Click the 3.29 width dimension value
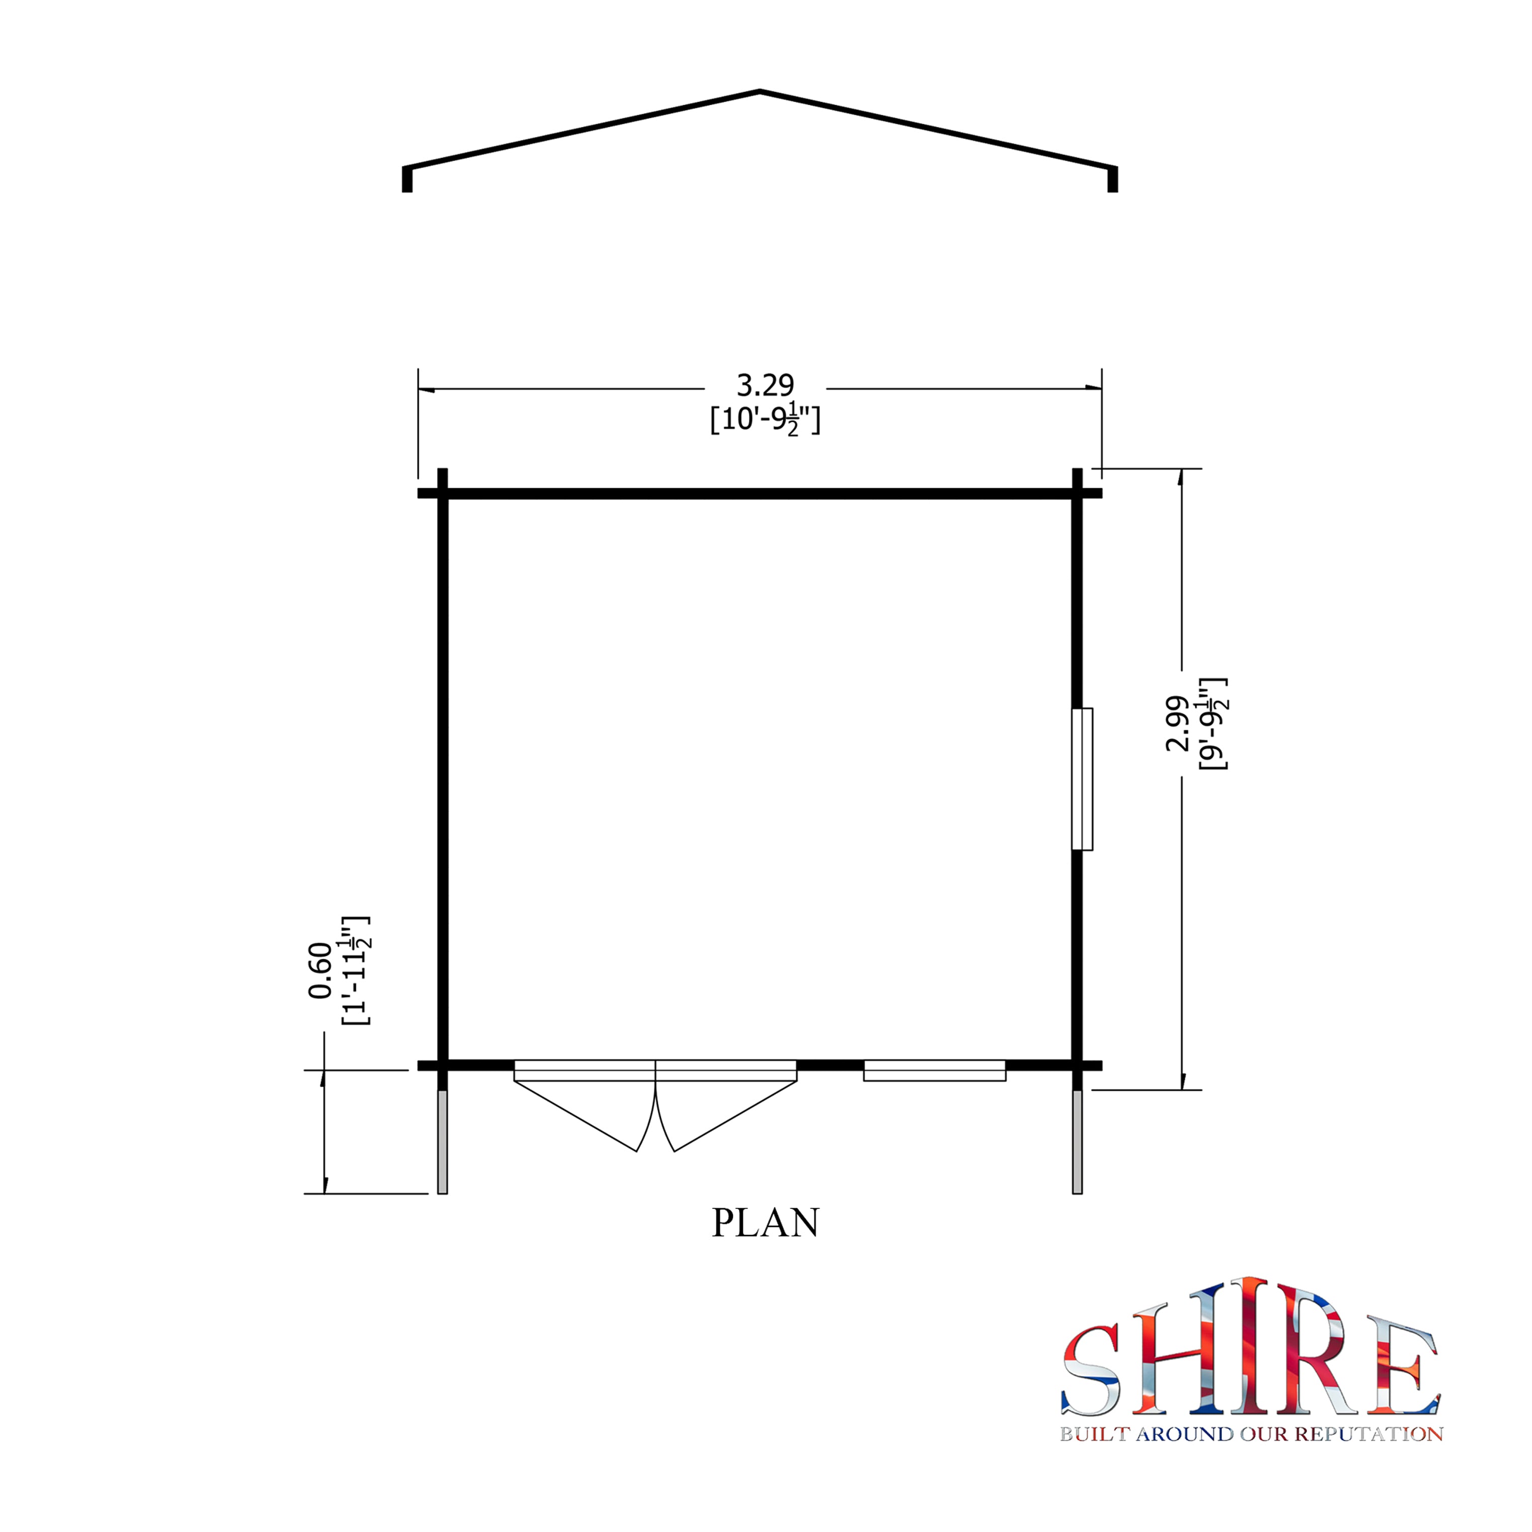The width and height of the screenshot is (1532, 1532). tap(765, 386)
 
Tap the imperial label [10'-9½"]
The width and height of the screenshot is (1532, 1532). tap(765, 419)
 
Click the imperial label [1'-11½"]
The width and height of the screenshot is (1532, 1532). tap(356, 970)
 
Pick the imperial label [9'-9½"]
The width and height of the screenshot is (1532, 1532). tap(1213, 724)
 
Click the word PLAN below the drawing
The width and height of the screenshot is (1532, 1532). tap(765, 1245)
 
